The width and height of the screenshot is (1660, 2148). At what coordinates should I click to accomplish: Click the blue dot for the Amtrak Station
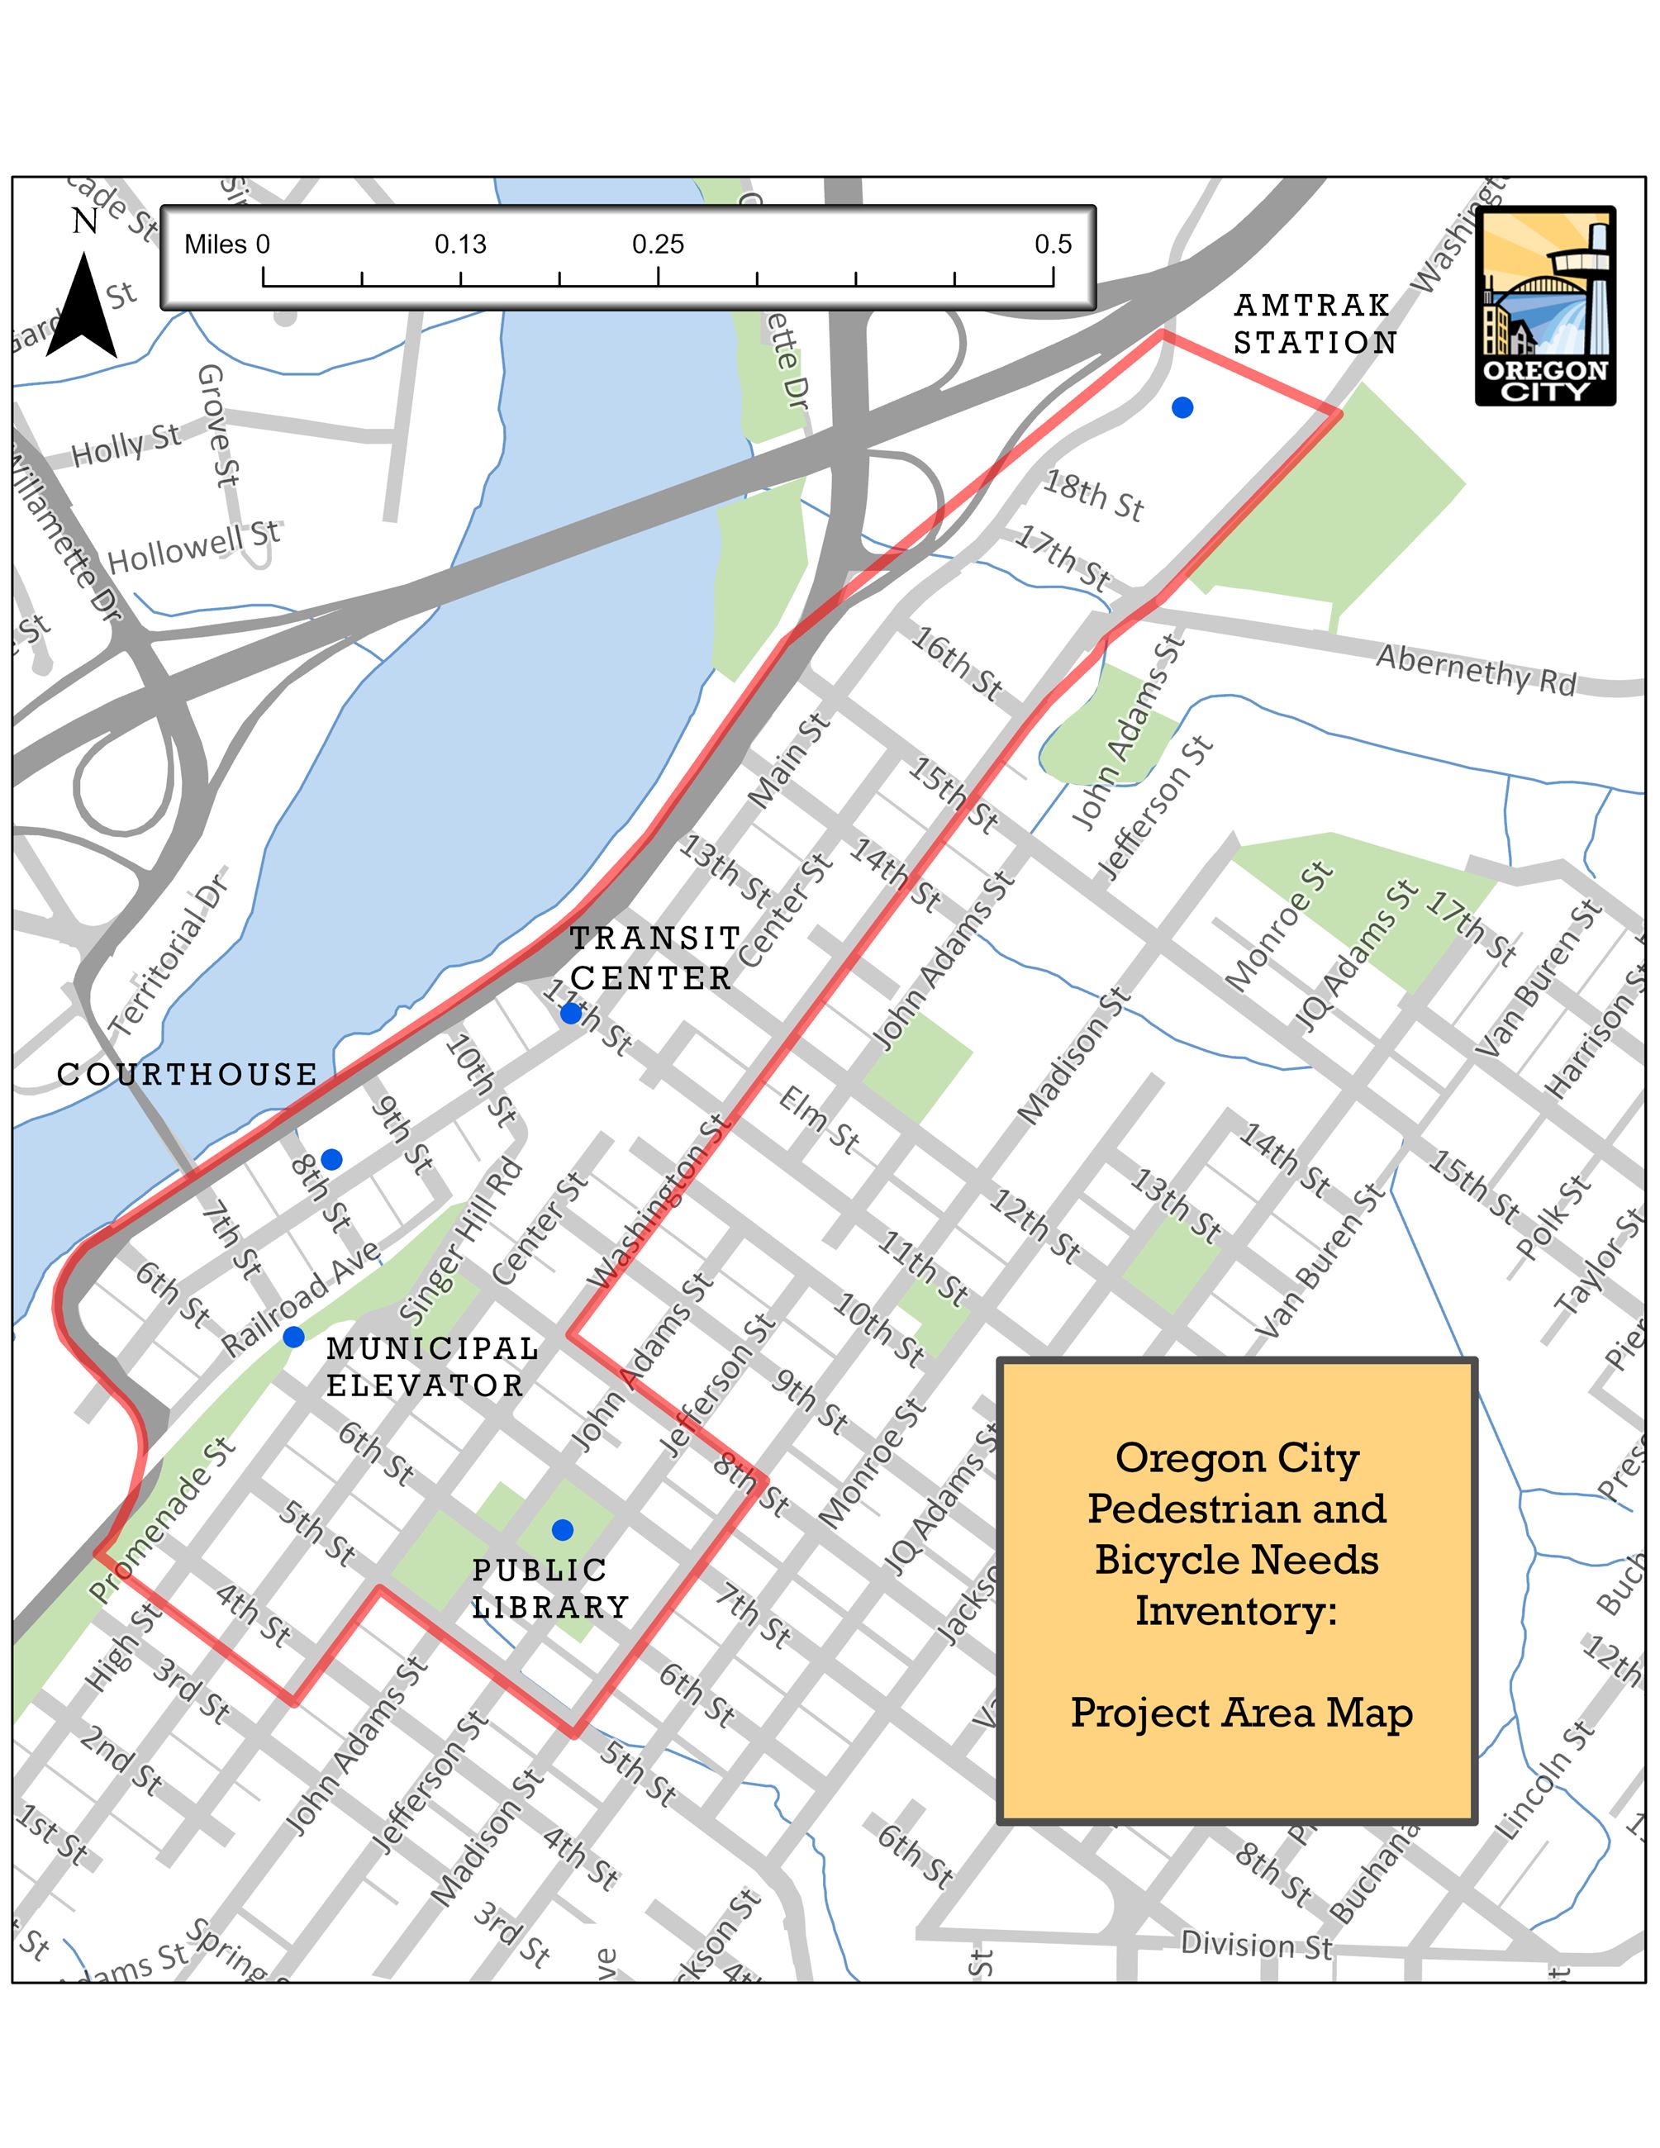pyautogui.click(x=1182, y=407)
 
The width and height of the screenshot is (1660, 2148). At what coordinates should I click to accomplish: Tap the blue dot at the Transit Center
pyautogui.click(x=570, y=1013)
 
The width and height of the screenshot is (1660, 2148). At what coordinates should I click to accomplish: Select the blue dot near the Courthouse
pyautogui.click(x=332, y=1160)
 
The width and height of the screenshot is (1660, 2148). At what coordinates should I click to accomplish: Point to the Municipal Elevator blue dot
pyautogui.click(x=293, y=1337)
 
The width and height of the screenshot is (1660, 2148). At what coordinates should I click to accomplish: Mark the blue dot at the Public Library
pyautogui.click(x=563, y=1529)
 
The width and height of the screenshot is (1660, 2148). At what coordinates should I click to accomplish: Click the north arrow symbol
pyautogui.click(x=82, y=305)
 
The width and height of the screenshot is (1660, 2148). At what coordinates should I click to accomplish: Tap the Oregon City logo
pyautogui.click(x=1545, y=306)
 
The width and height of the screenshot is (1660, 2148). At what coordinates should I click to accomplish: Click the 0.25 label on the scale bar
pyautogui.click(x=658, y=244)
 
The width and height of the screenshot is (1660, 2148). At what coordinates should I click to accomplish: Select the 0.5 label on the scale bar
pyautogui.click(x=1054, y=244)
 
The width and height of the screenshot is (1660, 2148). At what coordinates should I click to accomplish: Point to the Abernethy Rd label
pyautogui.click(x=1475, y=670)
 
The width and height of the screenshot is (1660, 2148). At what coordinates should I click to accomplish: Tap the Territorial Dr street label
pyautogui.click(x=169, y=955)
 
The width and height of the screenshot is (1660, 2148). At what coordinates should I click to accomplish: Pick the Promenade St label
pyautogui.click(x=161, y=1520)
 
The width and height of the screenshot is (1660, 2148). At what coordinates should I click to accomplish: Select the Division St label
pyautogui.click(x=1256, y=1945)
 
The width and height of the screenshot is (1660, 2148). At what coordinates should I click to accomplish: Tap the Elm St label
pyautogui.click(x=818, y=1119)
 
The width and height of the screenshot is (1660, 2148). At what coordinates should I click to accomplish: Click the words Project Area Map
pyautogui.click(x=1241, y=1713)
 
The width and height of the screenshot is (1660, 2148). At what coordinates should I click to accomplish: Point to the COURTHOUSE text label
pyautogui.click(x=187, y=1074)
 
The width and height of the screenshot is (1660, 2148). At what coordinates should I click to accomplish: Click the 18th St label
pyautogui.click(x=1093, y=496)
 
